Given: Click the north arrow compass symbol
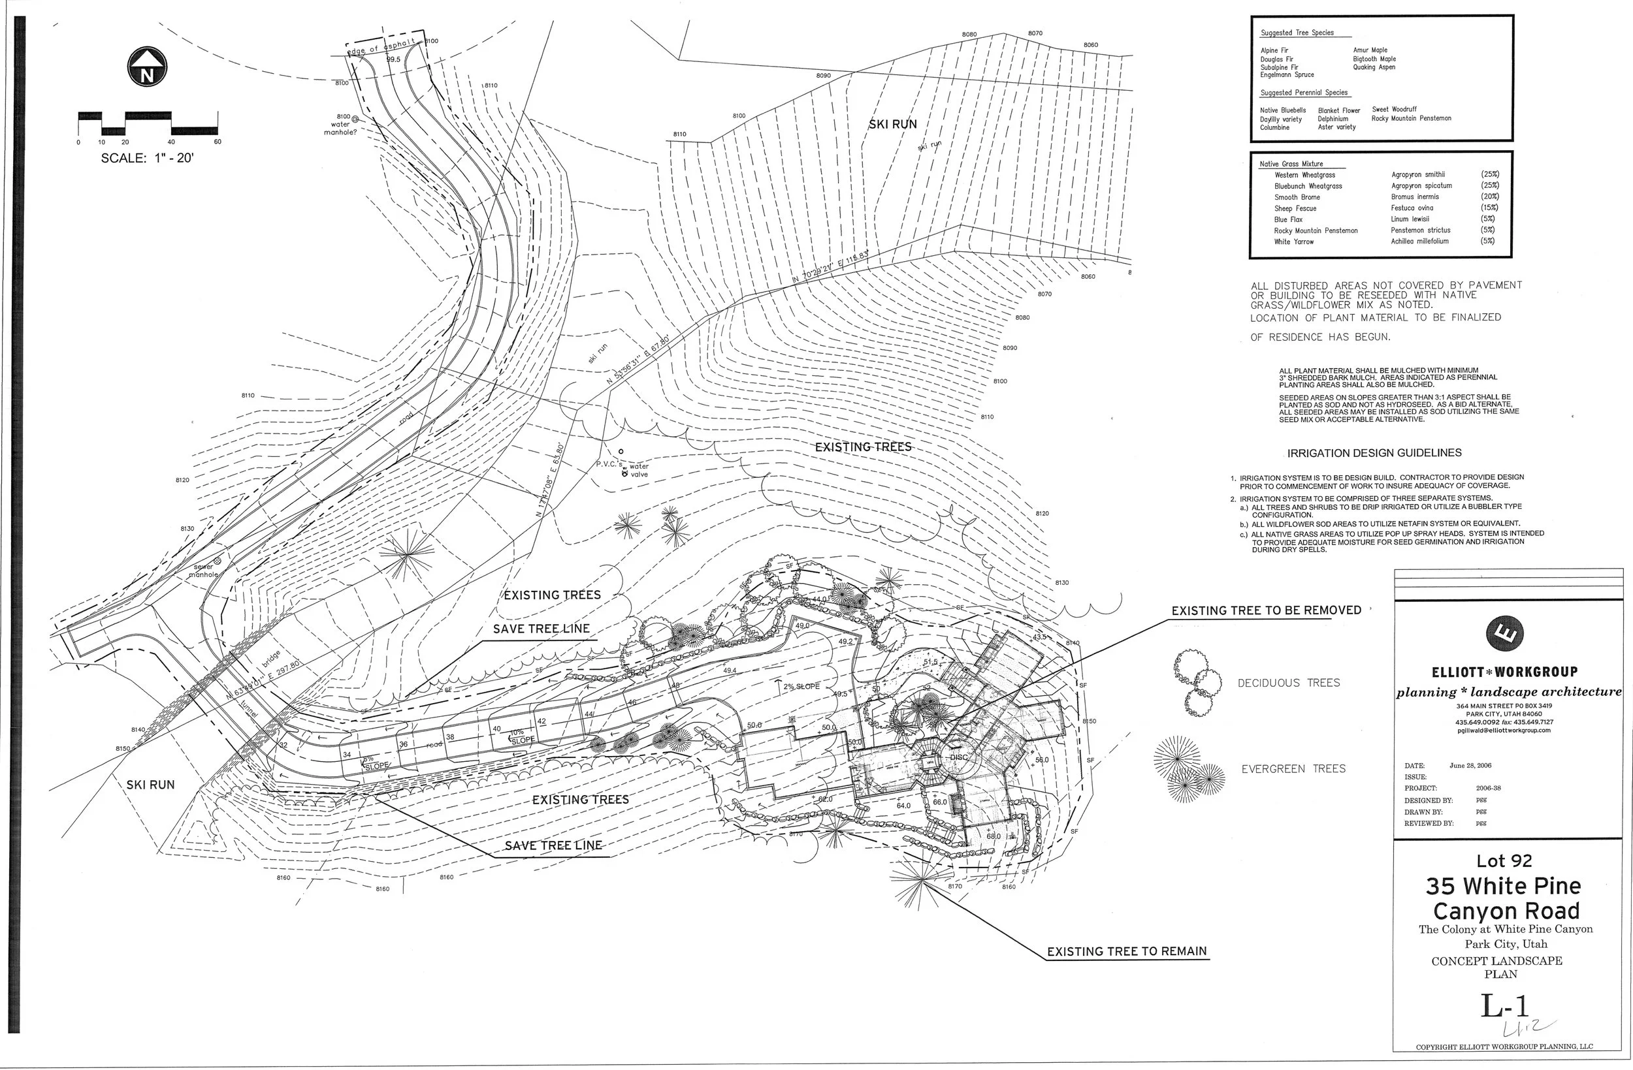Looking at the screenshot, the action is pyautogui.click(x=147, y=67).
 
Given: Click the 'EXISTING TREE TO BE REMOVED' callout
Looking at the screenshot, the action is pyautogui.click(x=1266, y=610).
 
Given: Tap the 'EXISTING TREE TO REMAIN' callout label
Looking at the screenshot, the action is pyautogui.click(x=1127, y=951).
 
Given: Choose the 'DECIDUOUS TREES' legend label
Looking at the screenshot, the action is pyautogui.click(x=1289, y=683).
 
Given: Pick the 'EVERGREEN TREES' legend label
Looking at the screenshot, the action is pyautogui.click(x=1293, y=769).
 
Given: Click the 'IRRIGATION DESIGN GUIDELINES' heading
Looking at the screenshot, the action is pyautogui.click(x=1374, y=452).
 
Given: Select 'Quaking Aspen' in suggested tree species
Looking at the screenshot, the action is pyautogui.click(x=1374, y=67).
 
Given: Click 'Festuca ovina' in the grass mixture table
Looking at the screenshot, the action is pyautogui.click(x=1412, y=208).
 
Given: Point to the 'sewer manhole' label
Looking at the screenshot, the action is pyautogui.click(x=204, y=571).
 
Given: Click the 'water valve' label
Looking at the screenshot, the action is pyautogui.click(x=639, y=471).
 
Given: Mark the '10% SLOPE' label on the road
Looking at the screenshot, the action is pyautogui.click(x=521, y=736).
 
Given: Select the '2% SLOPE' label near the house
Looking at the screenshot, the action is pyautogui.click(x=798, y=686).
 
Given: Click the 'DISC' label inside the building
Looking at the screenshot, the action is pyautogui.click(x=958, y=757).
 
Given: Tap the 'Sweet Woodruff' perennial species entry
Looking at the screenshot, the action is pyautogui.click(x=1393, y=109).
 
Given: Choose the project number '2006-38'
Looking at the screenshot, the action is pyautogui.click(x=1488, y=788).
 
